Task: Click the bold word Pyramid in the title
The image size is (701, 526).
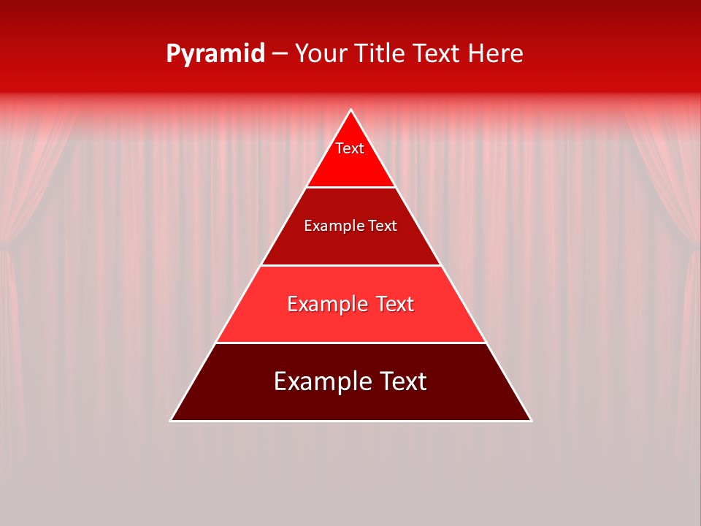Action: coord(215,54)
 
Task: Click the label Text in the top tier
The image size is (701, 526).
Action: coord(350,148)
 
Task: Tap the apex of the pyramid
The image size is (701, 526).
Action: coord(351,110)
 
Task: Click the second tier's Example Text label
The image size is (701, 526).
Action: coord(350,226)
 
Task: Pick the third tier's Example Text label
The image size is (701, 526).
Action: coord(350,304)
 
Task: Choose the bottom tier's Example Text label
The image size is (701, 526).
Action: coord(350,381)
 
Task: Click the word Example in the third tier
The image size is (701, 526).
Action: coord(325,304)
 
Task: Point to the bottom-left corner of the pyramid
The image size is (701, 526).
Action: coord(172,420)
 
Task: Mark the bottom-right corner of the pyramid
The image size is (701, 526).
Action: coord(531,420)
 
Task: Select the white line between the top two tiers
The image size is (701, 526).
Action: coord(350,187)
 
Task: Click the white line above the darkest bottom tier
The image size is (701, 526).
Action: coord(350,343)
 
